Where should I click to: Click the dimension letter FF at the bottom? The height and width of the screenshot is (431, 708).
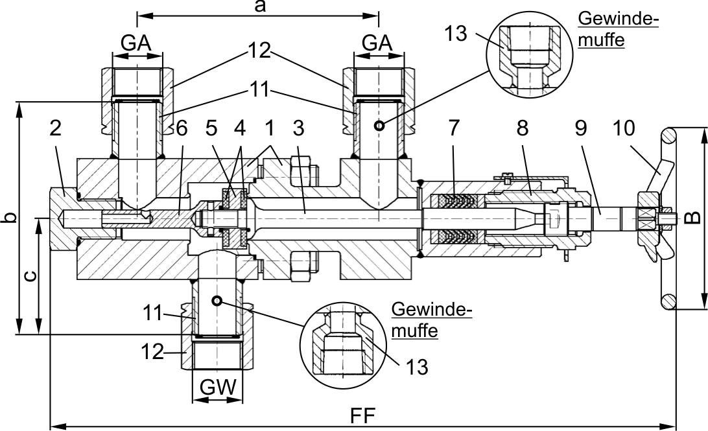click(363, 416)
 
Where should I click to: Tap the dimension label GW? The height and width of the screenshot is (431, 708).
click(218, 387)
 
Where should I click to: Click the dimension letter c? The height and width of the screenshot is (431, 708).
click(30, 275)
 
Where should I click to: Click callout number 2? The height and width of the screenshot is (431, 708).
click(55, 128)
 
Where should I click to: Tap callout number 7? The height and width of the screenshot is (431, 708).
click(454, 128)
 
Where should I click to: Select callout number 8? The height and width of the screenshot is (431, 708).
click(523, 128)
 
